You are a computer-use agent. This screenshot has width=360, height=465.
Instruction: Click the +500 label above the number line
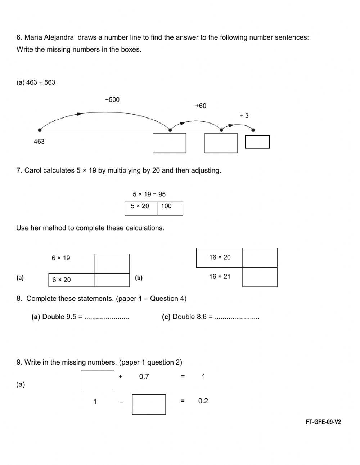112,100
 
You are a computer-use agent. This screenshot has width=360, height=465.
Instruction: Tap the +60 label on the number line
201,106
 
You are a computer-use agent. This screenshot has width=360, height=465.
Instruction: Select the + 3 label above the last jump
244,116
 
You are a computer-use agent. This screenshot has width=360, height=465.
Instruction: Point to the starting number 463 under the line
39,142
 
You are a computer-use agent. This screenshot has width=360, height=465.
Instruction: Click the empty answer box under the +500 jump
170,143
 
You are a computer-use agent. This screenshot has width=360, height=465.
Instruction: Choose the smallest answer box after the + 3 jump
257,142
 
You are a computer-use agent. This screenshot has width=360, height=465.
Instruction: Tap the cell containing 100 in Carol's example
170,208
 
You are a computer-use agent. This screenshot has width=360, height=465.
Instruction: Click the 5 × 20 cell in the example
141,208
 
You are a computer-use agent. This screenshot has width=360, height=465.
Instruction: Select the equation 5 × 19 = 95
149,195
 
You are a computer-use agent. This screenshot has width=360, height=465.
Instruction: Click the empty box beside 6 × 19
112,264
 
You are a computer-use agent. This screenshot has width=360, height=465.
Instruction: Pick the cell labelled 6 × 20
72,280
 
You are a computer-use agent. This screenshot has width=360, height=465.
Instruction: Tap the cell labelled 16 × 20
219,258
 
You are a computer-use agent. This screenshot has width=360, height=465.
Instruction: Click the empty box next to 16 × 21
260,277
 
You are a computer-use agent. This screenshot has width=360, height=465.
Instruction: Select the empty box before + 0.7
98,380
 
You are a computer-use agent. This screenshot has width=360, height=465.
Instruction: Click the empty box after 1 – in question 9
149,404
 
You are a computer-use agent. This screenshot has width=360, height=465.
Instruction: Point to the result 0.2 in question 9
203,401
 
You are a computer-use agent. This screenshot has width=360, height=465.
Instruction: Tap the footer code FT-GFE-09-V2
323,422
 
